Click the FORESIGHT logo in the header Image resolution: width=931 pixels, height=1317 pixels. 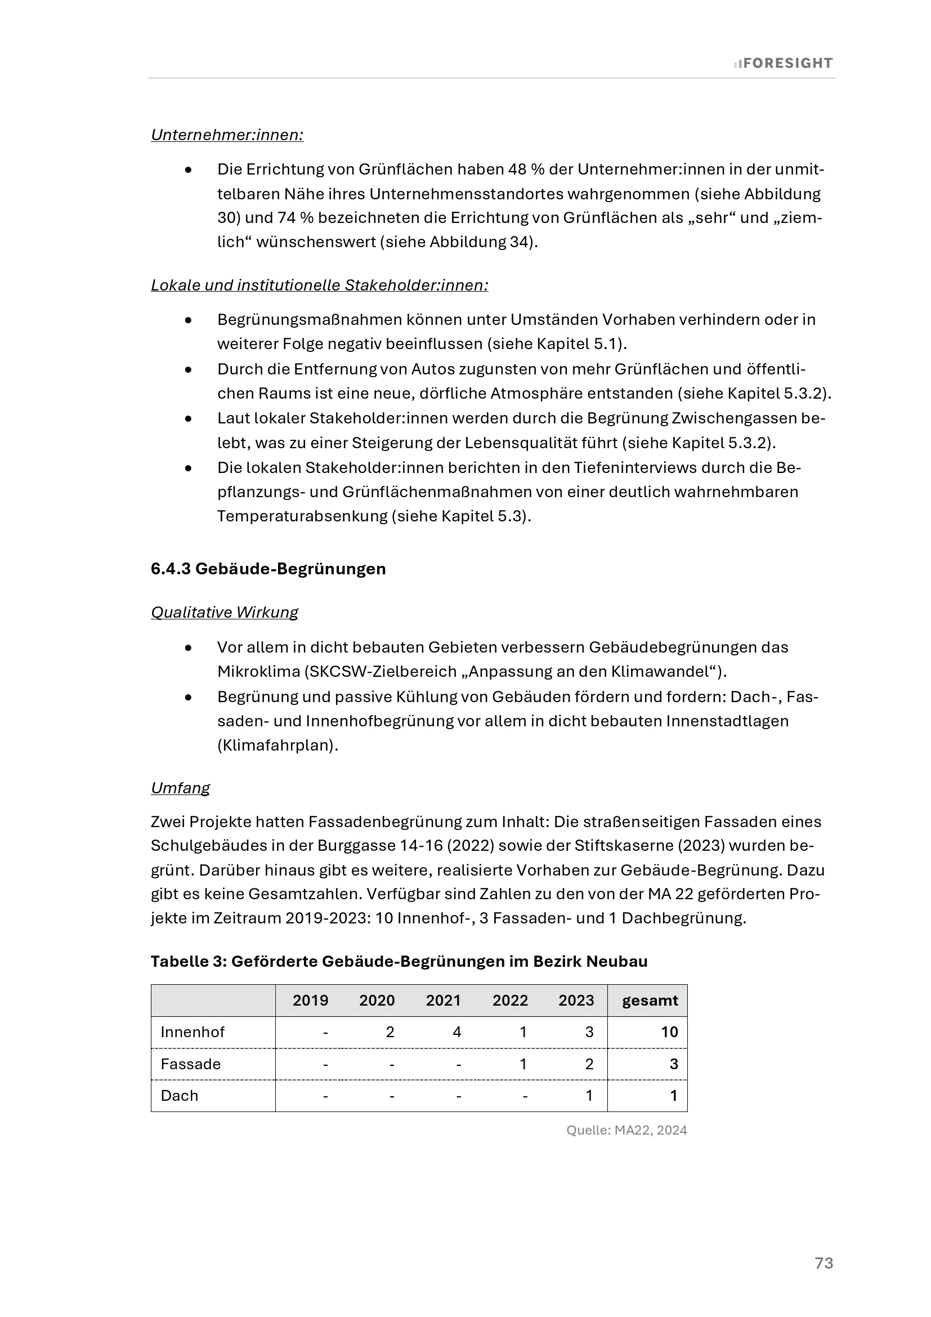[x=783, y=63]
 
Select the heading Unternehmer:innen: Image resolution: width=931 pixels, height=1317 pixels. [x=227, y=135]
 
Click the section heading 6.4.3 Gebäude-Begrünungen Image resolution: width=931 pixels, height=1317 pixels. [x=268, y=569]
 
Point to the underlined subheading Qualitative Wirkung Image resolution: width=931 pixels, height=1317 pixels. [x=224, y=613]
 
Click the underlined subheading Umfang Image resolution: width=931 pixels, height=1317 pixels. [x=180, y=788]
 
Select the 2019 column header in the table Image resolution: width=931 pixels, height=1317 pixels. [x=310, y=1001]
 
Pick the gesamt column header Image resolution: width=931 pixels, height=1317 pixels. [x=650, y=1001]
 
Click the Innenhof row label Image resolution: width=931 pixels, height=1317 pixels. [x=193, y=1033]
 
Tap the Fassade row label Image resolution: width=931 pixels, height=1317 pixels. [x=190, y=1064]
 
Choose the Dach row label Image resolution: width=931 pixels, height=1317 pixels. [x=179, y=1096]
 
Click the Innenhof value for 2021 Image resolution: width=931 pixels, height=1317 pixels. [x=457, y=1033]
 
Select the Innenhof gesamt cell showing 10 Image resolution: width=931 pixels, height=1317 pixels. [x=669, y=1033]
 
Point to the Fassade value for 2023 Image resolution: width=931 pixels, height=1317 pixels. [x=589, y=1064]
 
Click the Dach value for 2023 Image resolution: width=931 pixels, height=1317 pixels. [x=589, y=1096]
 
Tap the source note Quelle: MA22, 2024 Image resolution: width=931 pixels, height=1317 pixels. [x=626, y=1130]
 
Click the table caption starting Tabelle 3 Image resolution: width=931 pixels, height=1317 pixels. [x=399, y=961]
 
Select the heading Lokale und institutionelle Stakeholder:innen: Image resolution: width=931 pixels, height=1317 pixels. [x=319, y=285]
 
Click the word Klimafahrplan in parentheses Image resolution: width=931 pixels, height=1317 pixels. [x=277, y=745]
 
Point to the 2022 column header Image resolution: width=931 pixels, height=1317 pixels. [x=509, y=1001]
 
